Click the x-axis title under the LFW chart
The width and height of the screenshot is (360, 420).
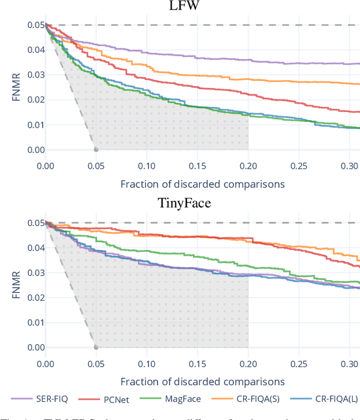(202, 184)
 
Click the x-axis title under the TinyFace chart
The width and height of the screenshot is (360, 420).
(202, 382)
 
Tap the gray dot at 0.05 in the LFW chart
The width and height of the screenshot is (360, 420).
(96, 150)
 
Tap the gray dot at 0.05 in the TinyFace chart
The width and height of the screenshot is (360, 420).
(96, 347)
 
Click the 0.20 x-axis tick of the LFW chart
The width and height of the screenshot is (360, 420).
(248, 166)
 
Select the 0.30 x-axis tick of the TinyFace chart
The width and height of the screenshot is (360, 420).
(349, 364)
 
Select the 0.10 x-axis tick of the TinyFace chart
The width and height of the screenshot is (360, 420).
(146, 364)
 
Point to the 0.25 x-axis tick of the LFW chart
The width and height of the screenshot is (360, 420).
(299, 166)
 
